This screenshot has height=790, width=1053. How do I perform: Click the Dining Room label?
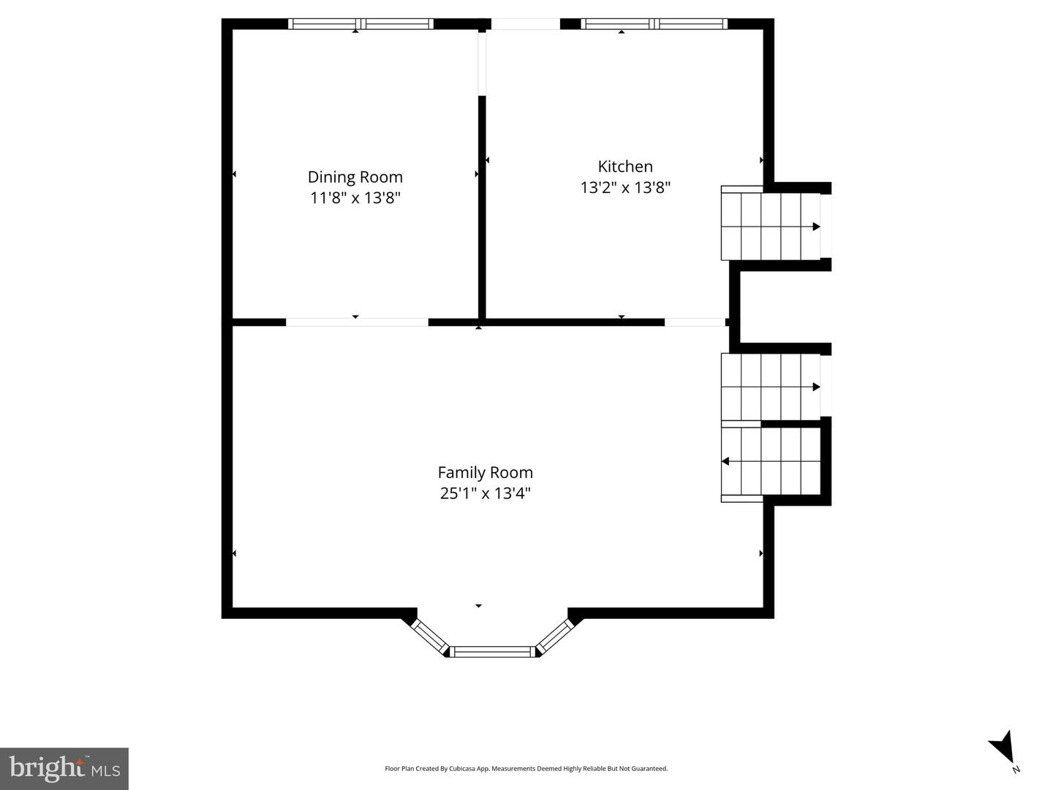tap(355, 177)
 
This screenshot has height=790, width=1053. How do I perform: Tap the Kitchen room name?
tap(625, 167)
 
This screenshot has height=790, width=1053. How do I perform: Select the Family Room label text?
tap(485, 473)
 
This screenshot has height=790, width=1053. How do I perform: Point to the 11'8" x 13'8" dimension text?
tap(355, 197)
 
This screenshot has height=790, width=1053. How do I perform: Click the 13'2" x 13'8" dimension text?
tap(625, 187)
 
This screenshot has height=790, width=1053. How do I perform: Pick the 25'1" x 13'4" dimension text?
tap(485, 493)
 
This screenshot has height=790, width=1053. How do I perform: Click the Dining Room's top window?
tap(361, 24)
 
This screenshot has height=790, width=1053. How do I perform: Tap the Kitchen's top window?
tap(654, 24)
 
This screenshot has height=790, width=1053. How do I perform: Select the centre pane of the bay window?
tap(492, 651)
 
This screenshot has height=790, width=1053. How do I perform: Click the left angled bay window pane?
tap(430, 637)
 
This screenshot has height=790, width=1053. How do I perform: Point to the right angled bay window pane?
tap(554, 637)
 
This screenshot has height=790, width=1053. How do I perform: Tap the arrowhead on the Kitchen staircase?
tap(816, 227)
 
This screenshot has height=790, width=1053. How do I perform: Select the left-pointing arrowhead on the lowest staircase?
tap(725, 461)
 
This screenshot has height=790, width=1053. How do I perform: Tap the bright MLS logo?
tap(64, 768)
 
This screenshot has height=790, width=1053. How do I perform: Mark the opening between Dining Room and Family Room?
tap(357, 322)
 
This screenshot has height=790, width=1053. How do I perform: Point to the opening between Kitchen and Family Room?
tap(695, 322)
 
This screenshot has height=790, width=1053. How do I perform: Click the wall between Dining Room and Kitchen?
tap(482, 207)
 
